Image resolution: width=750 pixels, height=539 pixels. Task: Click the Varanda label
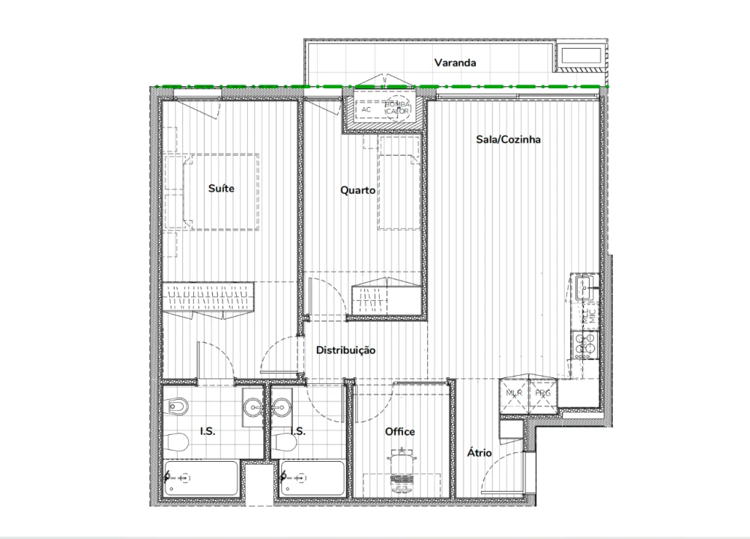[455, 63]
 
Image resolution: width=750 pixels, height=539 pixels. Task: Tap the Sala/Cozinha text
[508, 139]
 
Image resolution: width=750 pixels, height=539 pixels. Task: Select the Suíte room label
[221, 188]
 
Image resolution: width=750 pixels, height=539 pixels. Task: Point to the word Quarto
[357, 190]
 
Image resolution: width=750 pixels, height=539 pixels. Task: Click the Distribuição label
[345, 350]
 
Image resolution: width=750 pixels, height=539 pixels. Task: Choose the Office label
[399, 431]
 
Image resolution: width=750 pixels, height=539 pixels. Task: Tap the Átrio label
[479, 453]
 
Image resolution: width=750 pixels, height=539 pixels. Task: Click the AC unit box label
[366, 109]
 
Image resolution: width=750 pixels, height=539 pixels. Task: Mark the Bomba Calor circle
[397, 109]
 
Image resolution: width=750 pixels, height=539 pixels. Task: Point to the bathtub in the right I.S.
[312, 478]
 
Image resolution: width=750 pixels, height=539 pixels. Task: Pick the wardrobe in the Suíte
[209, 300]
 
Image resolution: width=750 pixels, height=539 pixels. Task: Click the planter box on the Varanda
[579, 56]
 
